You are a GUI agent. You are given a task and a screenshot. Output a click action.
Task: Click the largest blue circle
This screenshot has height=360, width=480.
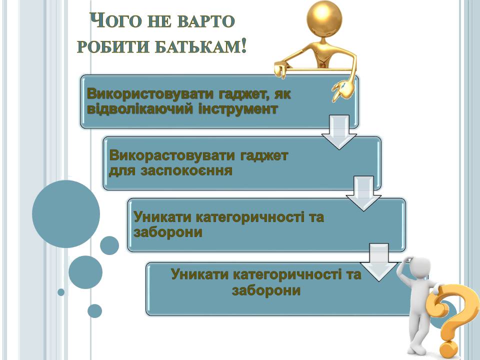[x=66, y=214]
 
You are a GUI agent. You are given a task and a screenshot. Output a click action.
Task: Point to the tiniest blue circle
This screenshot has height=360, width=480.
[x=61, y=292]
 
